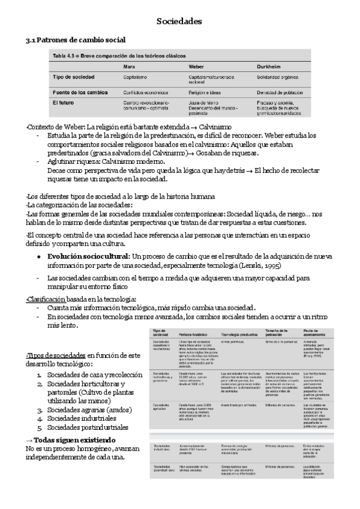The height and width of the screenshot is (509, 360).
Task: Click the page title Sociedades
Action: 179,22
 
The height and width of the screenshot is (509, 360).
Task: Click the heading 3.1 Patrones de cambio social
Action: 75,40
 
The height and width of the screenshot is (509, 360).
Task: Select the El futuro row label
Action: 64,103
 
